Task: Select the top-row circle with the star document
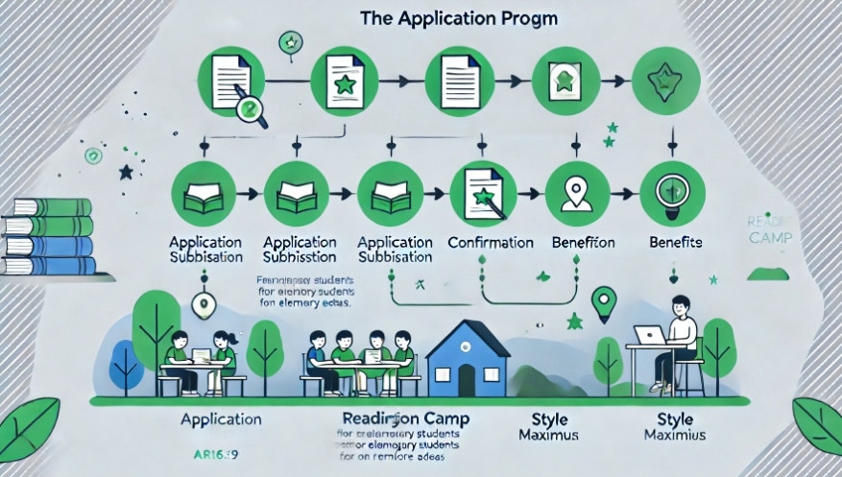coord(343,82)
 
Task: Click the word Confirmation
coord(490,243)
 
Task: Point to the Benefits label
coord(676,243)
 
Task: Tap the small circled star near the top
coord(287,42)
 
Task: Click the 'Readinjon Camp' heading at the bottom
coord(396,419)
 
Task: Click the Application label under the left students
coord(221,419)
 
